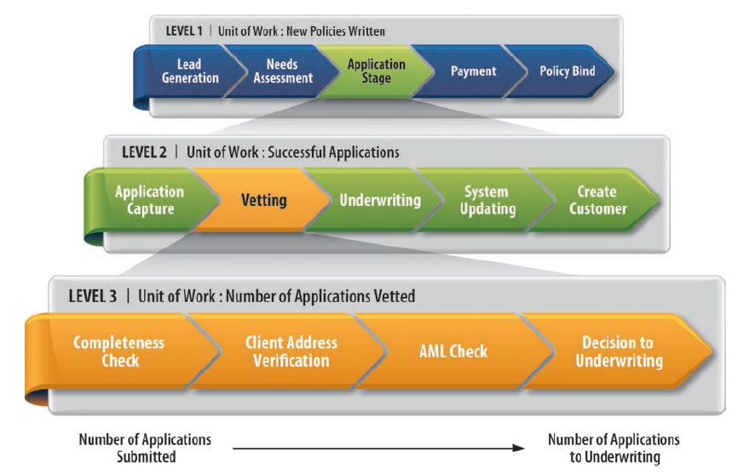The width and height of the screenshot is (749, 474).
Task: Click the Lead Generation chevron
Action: pyautogui.click(x=189, y=71)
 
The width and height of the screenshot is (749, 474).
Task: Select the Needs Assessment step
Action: pyautogui.click(x=282, y=71)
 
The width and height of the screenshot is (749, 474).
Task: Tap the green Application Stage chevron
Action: pyautogui.click(x=376, y=71)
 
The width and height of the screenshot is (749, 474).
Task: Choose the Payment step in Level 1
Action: pyautogui.click(x=473, y=71)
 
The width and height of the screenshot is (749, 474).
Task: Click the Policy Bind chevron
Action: pyautogui.click(x=567, y=71)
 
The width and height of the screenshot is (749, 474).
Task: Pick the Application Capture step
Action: pyautogui.click(x=148, y=200)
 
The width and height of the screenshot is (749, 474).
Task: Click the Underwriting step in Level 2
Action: pyautogui.click(x=380, y=201)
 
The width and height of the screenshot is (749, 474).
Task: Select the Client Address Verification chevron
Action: pyautogui.click(x=291, y=351)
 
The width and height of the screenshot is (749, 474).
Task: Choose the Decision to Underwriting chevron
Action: pyautogui.click(x=618, y=351)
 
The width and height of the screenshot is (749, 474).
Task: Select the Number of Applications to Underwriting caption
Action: pyautogui.click(x=613, y=448)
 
